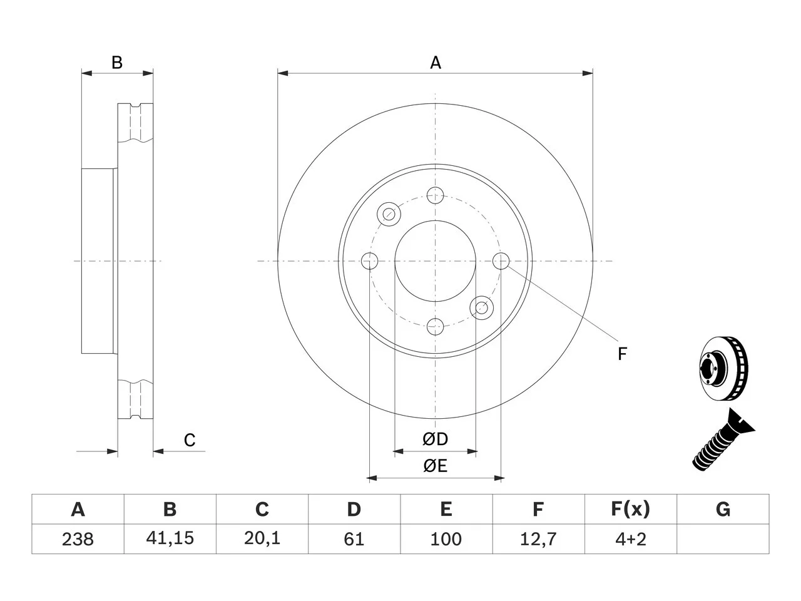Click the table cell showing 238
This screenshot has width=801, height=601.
(78, 539)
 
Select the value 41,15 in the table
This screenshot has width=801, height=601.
(170, 538)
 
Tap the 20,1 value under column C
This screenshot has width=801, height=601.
(262, 538)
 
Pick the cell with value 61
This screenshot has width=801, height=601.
(354, 539)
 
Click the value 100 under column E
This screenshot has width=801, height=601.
(446, 539)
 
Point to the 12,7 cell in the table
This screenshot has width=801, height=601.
(538, 539)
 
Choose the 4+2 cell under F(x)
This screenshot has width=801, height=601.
(631, 539)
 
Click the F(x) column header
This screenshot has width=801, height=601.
(631, 509)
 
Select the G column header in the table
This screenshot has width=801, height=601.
(723, 509)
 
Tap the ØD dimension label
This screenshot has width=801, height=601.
(435, 439)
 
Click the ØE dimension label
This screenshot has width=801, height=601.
(435, 466)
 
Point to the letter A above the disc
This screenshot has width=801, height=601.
(436, 63)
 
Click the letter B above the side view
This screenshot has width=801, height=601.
(117, 63)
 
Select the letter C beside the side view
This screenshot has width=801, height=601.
(190, 440)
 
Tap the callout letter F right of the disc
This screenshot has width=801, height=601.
(622, 354)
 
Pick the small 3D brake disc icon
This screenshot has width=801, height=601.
(723, 368)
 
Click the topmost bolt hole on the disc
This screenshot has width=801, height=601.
(435, 195)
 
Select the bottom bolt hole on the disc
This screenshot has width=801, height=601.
(435, 327)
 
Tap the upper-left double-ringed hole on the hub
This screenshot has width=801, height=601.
(389, 214)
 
